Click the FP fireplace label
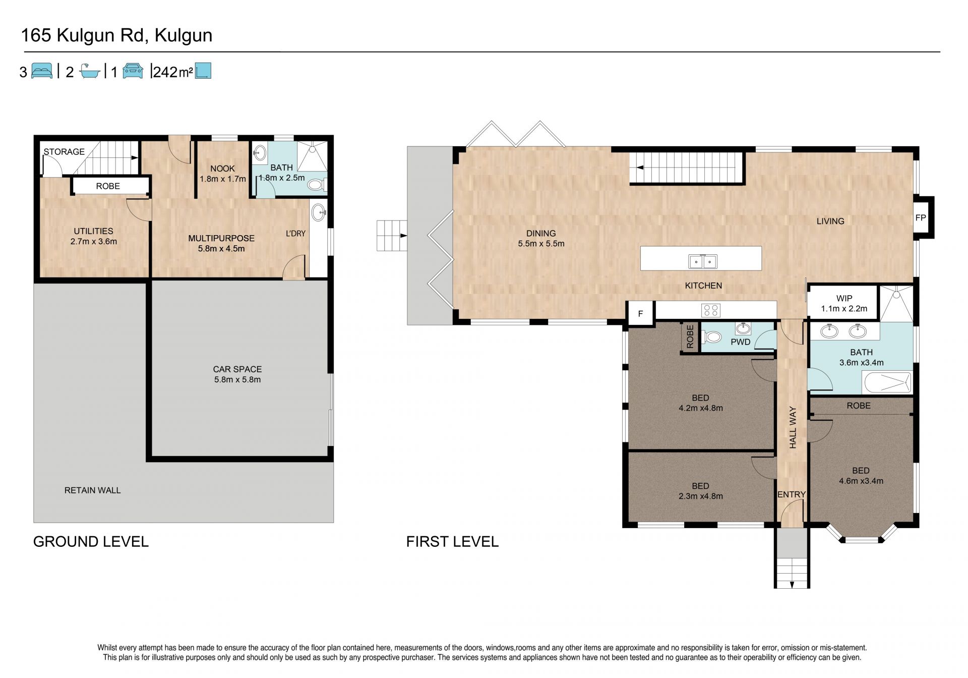pos(921,218)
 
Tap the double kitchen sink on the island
pos(703,261)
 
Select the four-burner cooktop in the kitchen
pos(711,310)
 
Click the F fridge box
pos(640,314)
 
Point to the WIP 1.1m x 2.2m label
pos(844,303)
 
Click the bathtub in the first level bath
pos(887,383)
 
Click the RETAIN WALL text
pos(92,490)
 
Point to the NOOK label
pos(222,168)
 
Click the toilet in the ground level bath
pos(317,185)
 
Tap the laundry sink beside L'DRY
pos(319,212)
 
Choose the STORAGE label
pos(64,151)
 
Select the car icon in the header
pos(133,71)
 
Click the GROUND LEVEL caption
pos(91,541)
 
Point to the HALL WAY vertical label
pos(793,427)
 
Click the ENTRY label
pos(791,494)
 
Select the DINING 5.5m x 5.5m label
pos(541,239)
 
